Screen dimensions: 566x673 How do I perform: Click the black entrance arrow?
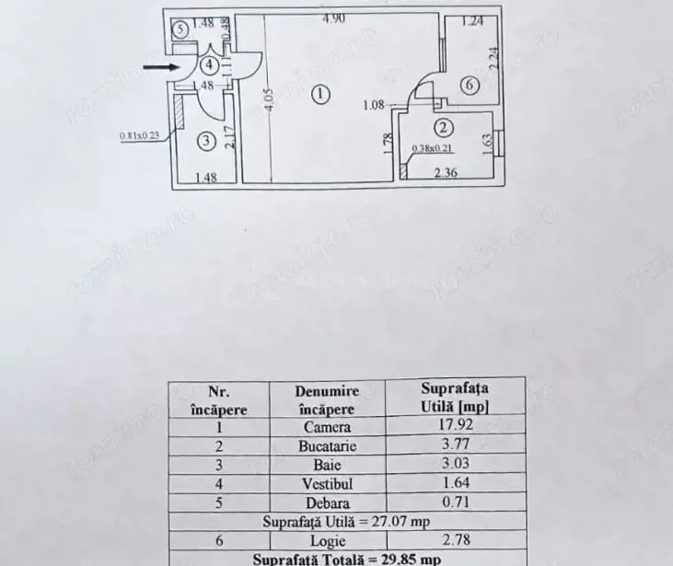pos(160,66)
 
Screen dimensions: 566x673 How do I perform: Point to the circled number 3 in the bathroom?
pos(206,141)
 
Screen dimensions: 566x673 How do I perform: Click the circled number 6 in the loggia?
pos(469,86)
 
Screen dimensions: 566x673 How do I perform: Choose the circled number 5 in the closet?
pos(181,29)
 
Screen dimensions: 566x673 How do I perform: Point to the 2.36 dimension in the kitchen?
pos(447,170)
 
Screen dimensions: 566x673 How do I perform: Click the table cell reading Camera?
pos(327,427)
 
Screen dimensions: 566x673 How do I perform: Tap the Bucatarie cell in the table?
pos(327,445)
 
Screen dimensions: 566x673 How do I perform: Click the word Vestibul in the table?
pos(327,483)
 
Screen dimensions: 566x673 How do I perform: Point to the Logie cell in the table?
pos(327,540)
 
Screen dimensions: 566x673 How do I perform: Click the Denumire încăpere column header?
pos(327,399)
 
